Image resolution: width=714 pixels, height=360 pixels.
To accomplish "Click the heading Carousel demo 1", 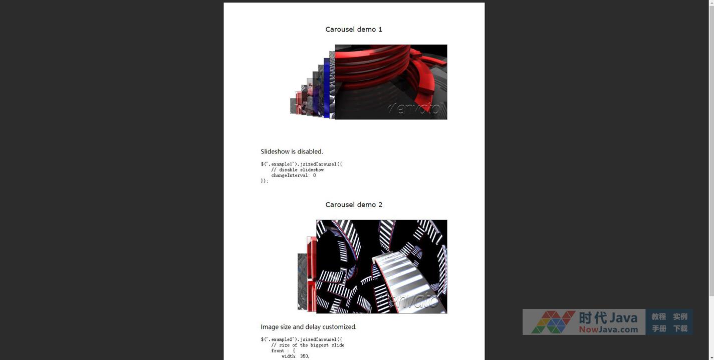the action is (x=354, y=30).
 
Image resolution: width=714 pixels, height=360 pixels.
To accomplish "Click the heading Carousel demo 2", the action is (x=354, y=205).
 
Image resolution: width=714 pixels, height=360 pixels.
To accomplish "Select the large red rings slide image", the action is (x=391, y=82).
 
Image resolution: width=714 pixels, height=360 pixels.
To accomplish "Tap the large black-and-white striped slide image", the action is (x=381, y=267).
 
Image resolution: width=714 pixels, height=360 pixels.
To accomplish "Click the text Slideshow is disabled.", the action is (x=292, y=151).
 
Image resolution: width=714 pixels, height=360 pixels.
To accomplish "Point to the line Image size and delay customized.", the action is (x=309, y=327).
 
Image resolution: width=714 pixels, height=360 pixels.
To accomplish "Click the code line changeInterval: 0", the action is (x=294, y=175).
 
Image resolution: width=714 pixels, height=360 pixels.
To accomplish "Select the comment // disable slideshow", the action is (x=298, y=170).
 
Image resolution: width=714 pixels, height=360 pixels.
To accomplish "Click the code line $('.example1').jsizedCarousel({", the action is (x=301, y=164).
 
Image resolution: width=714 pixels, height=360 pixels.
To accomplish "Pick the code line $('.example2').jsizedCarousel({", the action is (x=301, y=339).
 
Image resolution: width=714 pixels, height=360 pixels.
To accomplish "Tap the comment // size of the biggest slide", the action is (x=308, y=345).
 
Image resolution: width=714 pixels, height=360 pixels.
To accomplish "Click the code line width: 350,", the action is (x=296, y=356).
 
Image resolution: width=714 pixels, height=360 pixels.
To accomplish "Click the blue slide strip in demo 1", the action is (x=326, y=88).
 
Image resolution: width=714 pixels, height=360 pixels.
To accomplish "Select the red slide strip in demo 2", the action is (x=312, y=274).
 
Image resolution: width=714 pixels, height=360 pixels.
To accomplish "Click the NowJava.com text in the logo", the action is (x=608, y=329).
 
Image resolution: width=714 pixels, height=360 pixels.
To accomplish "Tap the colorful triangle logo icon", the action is (x=553, y=322).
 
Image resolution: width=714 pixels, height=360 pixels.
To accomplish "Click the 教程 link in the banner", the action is (x=658, y=317).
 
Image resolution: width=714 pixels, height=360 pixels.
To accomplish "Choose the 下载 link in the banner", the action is (x=680, y=328).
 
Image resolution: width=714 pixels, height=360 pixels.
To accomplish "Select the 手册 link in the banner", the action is (x=658, y=328).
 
